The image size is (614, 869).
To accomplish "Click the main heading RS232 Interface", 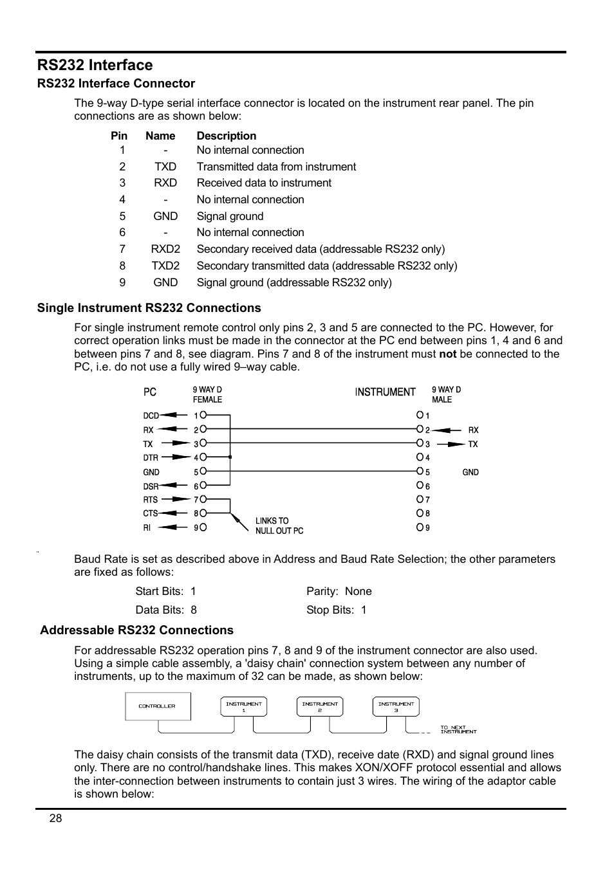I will click(95, 65).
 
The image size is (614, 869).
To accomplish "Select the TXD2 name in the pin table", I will click(165, 266).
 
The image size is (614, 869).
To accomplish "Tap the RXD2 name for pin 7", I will click(165, 249).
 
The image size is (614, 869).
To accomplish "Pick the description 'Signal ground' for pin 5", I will click(230, 216).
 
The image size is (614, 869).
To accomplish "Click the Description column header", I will click(226, 136).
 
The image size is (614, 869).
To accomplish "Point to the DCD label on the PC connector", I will click(151, 416).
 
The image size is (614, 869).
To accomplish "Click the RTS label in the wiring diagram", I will click(150, 500).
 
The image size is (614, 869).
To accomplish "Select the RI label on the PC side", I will click(147, 527).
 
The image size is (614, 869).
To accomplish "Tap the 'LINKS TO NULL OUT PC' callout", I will click(279, 526).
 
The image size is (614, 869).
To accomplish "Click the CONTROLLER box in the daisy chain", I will click(158, 706).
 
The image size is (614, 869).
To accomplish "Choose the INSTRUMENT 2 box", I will click(320, 706).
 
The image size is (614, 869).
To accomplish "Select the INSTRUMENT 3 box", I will click(396, 706).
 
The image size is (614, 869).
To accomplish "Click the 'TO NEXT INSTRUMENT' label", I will click(458, 729).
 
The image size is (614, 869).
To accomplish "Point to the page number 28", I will click(56, 818).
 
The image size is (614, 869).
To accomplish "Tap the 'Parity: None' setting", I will click(339, 591).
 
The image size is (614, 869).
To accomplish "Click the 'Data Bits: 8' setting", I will click(166, 610).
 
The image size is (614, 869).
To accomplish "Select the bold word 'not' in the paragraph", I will click(447, 354).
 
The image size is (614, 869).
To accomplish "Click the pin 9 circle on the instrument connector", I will click(420, 527).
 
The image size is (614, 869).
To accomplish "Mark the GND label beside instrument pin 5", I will click(470, 472).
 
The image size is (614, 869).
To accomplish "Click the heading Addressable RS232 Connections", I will click(136, 630).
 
